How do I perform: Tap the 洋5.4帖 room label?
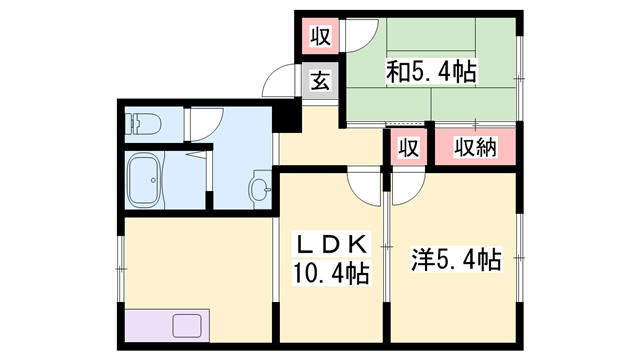pyautogui.click(x=456, y=261)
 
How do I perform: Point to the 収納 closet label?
pyautogui.click(x=476, y=147)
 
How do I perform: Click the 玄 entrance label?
pyautogui.click(x=319, y=82)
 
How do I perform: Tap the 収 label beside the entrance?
pyautogui.click(x=319, y=38)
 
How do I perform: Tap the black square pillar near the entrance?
pyautogui.click(x=287, y=116)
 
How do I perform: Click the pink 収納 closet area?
pyautogui.click(x=476, y=148)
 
